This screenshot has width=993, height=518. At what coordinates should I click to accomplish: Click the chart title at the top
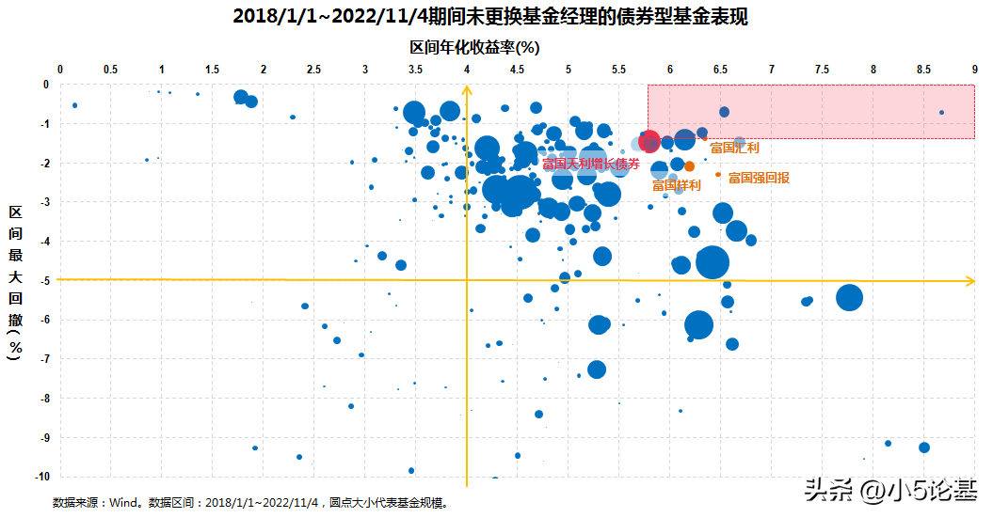[x=496, y=16]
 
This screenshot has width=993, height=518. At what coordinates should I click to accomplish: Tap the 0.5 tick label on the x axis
[x=110, y=70]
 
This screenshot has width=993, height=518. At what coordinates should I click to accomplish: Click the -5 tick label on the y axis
[x=41, y=280]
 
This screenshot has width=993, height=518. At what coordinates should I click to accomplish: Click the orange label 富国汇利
[x=734, y=148]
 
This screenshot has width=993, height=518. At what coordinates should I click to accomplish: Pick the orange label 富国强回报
[x=759, y=177]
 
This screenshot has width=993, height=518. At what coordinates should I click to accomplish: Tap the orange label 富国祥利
[x=676, y=185]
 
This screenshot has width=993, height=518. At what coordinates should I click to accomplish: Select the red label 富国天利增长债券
[x=590, y=164]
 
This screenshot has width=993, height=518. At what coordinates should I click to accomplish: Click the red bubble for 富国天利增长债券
[x=649, y=141]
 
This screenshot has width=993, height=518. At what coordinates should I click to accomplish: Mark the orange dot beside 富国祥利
[x=689, y=166]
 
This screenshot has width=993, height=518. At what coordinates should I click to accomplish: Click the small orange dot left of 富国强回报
[x=718, y=175]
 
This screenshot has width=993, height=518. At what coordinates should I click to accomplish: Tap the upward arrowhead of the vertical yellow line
[x=467, y=89]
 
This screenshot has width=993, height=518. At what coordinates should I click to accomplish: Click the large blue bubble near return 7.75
[x=849, y=298]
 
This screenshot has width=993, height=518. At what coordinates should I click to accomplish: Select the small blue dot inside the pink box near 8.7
[x=941, y=113]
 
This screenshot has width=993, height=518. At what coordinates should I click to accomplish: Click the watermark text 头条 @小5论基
[x=889, y=490]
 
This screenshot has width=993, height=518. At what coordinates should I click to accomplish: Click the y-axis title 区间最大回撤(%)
[x=15, y=281]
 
